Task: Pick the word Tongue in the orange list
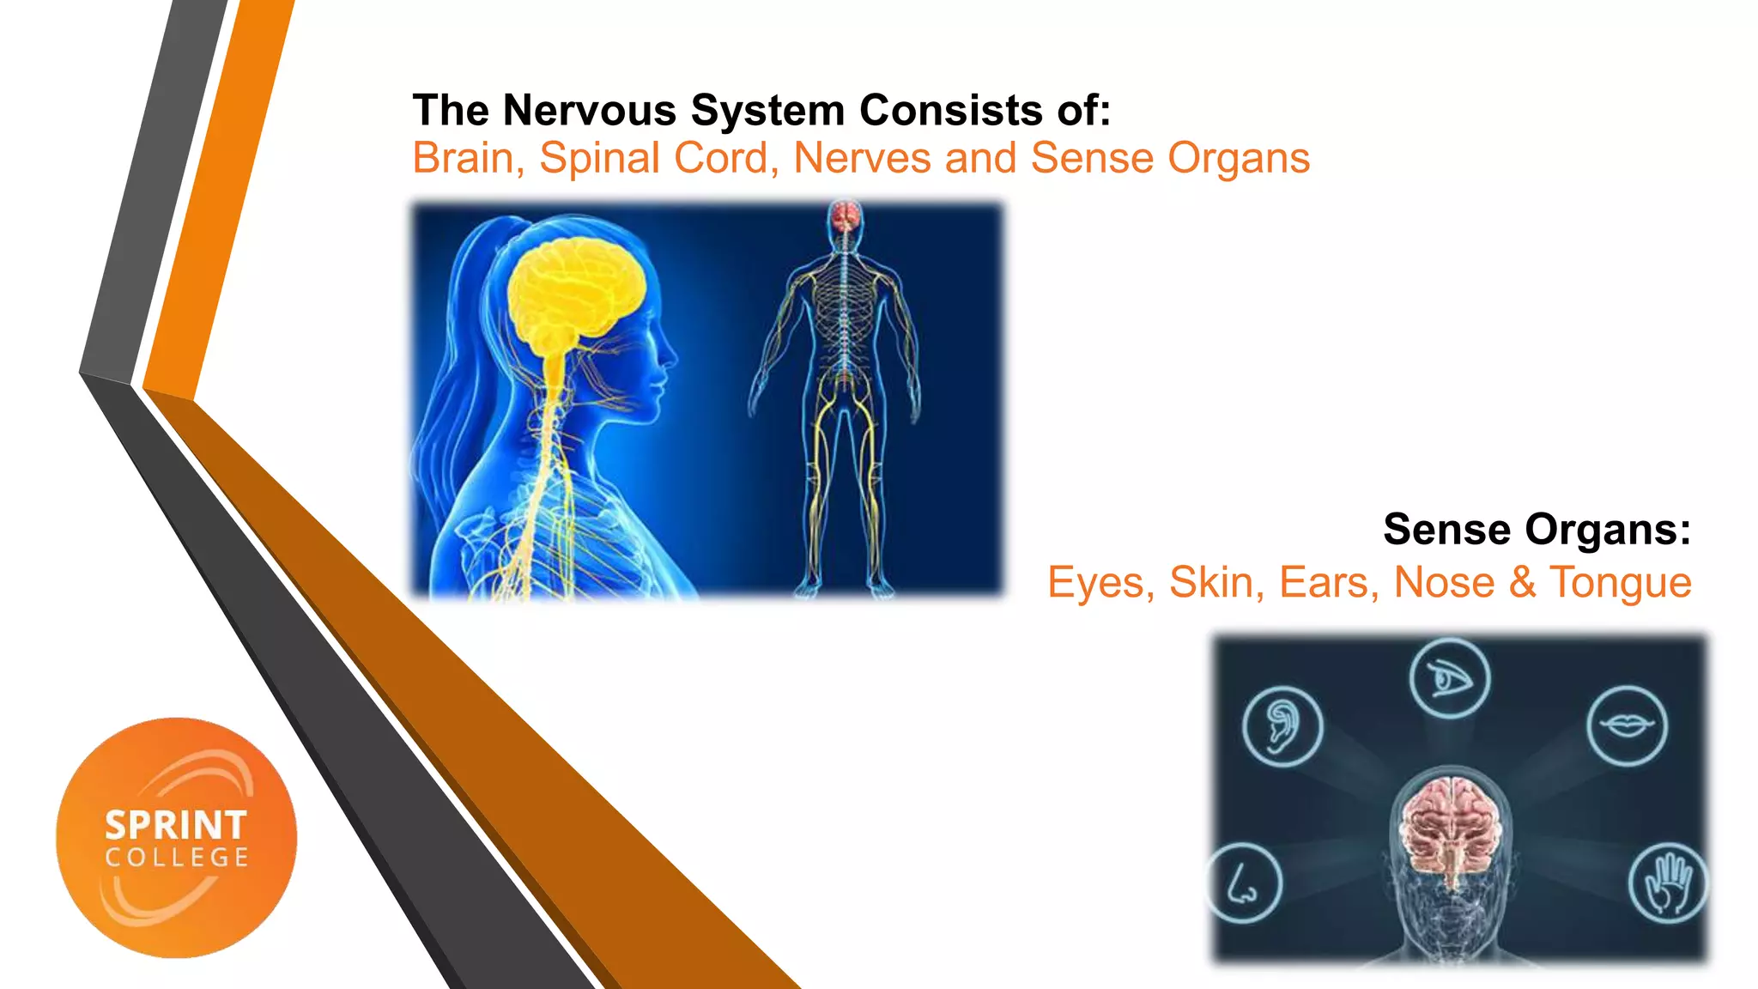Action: (x=1620, y=582)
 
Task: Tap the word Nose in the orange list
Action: (x=1444, y=582)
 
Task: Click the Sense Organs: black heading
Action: (x=1537, y=529)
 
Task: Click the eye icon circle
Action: (x=1450, y=678)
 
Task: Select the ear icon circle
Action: (x=1282, y=726)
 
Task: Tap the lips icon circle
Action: (x=1627, y=725)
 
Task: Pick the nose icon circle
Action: (x=1243, y=883)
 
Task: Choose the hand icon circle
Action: (x=1668, y=883)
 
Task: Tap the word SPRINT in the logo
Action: (x=176, y=825)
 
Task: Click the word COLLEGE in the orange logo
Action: (x=177, y=858)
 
